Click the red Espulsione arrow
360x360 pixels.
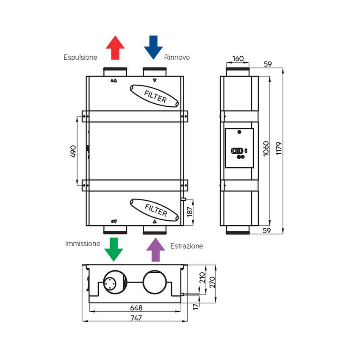point(115,47)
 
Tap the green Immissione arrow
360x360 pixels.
point(114,249)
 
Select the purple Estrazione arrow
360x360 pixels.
point(155,250)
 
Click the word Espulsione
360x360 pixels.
point(80,57)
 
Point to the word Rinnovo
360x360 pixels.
point(177,57)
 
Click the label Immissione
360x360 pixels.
point(83,244)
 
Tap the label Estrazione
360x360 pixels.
point(186,246)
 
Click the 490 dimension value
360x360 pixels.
point(72,151)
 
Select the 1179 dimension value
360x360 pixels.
point(278,149)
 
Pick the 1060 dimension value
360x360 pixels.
point(266,149)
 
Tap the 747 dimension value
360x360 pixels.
point(136,317)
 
